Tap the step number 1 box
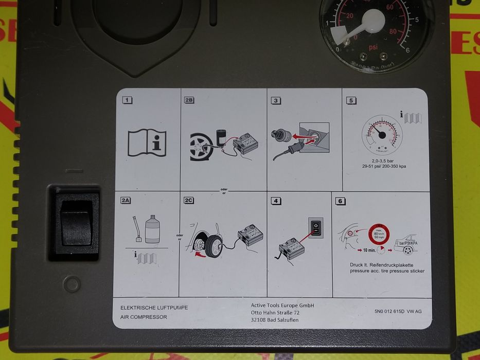point(127,100)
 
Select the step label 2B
point(189,100)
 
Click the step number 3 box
point(276,101)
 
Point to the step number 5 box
point(351,101)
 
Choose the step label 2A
point(126,201)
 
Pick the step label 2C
point(189,201)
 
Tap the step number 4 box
point(276,201)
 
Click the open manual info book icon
point(147,142)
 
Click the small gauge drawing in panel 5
point(383,135)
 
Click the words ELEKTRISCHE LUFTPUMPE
point(154,308)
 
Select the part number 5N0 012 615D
point(386,311)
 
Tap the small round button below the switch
point(71,284)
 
